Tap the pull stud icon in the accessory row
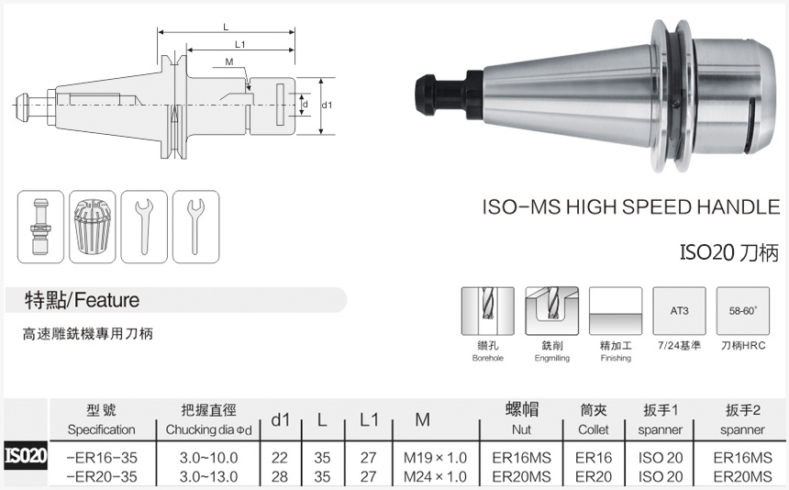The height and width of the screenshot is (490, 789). (41, 228)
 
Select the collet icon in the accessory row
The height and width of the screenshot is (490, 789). (93, 228)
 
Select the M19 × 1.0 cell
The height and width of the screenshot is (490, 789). (435, 457)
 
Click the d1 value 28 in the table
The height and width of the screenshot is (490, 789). (280, 476)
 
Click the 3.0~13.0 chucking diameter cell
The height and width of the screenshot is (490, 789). (208, 476)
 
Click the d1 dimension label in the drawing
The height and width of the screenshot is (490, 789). (327, 106)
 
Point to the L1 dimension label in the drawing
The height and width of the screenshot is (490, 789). (239, 44)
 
